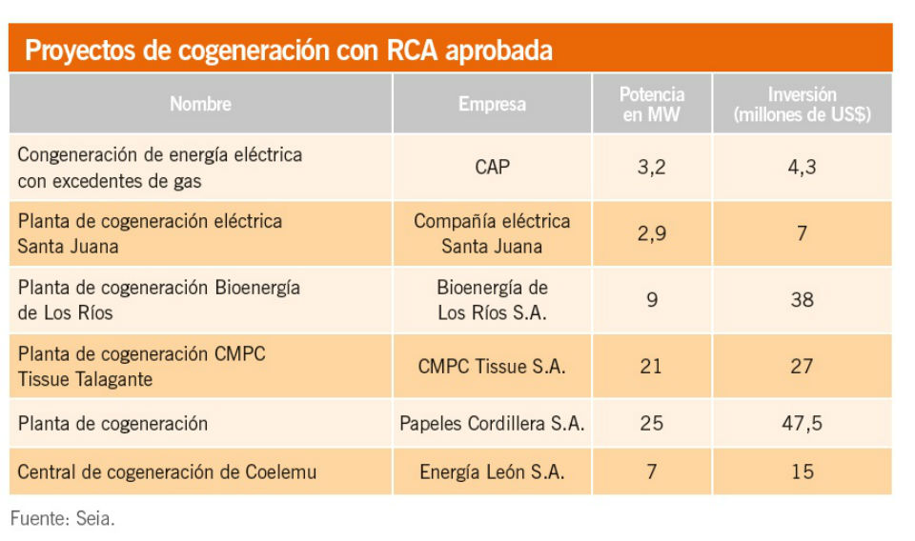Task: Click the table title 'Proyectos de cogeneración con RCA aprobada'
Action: (288, 50)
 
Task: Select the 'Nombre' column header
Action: (200, 104)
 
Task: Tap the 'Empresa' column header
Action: (492, 104)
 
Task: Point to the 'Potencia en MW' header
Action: (652, 105)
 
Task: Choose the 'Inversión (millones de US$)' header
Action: (802, 105)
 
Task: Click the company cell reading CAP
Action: (492, 167)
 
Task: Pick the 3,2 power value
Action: (652, 167)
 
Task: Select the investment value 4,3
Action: (802, 167)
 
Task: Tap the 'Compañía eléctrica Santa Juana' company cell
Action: (492, 233)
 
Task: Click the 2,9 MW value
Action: (652, 233)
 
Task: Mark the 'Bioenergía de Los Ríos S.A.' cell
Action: (492, 300)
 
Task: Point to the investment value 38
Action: (802, 300)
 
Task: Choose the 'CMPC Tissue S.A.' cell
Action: (492, 366)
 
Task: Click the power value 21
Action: (652, 366)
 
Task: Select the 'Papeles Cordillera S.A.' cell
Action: (492, 424)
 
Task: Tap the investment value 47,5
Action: (802, 424)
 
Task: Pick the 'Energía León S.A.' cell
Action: (492, 471)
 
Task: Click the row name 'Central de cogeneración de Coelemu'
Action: (168, 471)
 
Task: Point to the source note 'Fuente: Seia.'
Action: (62, 520)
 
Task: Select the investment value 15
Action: (802, 471)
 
